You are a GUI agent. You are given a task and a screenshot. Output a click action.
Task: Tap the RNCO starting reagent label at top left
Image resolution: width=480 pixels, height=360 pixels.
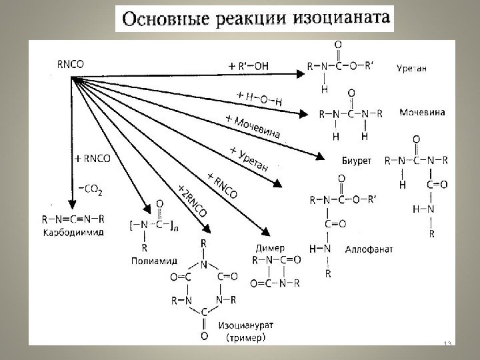point(71,65)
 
